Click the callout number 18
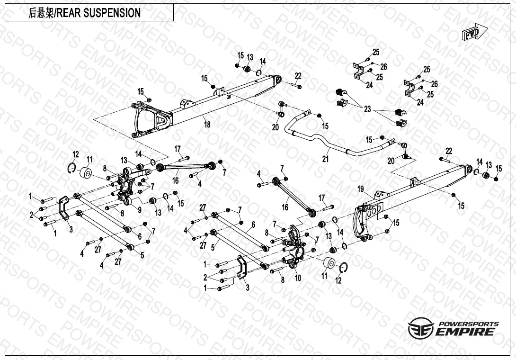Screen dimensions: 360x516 (x=207, y=124)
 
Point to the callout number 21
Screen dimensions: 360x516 (x=325, y=159)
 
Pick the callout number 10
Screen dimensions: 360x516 (x=298, y=278)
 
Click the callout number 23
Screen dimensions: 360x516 (x=367, y=109)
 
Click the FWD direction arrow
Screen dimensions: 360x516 (x=471, y=33)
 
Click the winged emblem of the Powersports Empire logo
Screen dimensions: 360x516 (x=419, y=328)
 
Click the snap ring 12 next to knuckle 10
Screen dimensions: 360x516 (x=344, y=269)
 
